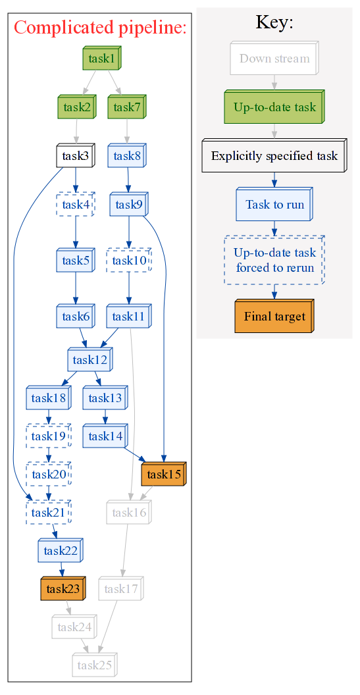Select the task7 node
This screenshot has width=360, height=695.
tap(127, 107)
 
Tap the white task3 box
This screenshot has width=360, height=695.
tap(76, 155)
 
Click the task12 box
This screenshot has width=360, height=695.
tap(90, 359)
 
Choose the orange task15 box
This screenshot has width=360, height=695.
tap(164, 475)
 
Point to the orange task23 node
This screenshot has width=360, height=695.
tap(63, 588)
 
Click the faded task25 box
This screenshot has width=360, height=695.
tap(95, 665)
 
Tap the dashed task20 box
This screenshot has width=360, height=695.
tap(49, 475)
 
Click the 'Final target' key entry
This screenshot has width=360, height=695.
tap(274, 316)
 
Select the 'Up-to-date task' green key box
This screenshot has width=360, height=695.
tap(274, 107)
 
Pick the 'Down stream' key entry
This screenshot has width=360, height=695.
tap(274, 58)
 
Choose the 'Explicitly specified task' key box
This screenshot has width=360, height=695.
tap(274, 155)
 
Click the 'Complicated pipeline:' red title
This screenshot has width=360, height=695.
tap(100, 28)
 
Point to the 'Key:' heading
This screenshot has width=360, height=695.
tap(274, 22)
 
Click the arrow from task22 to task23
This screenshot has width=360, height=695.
tap(61, 569)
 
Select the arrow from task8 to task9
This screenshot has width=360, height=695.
tap(128, 180)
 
